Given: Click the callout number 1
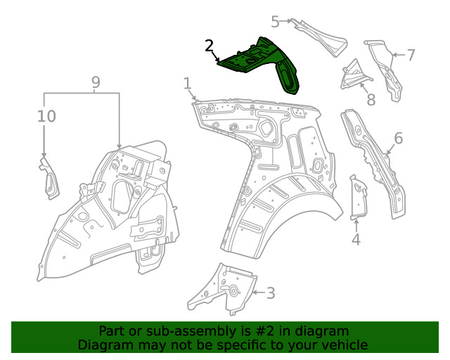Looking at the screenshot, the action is pyautogui.click(x=187, y=84).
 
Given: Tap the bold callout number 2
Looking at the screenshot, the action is pyautogui.click(x=210, y=46).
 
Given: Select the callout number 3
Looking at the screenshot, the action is pyautogui.click(x=271, y=293).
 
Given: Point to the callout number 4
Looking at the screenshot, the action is pyautogui.click(x=356, y=240).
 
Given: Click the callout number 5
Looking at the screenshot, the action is pyautogui.click(x=275, y=22).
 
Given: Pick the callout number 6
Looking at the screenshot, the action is pyautogui.click(x=399, y=138).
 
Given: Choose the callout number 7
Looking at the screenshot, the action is pyautogui.click(x=411, y=55).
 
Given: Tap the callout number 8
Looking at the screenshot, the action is pyautogui.click(x=371, y=100).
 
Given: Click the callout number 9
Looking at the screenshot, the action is pyautogui.click(x=96, y=82).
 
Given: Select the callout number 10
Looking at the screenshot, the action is pyautogui.click(x=46, y=116).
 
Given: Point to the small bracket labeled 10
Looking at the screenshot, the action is pyautogui.click(x=49, y=179).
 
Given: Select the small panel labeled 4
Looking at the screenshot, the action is pyautogui.click(x=358, y=198).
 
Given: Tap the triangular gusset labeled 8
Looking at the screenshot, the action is pyautogui.click(x=354, y=76).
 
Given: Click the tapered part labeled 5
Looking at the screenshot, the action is pyautogui.click(x=321, y=37).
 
